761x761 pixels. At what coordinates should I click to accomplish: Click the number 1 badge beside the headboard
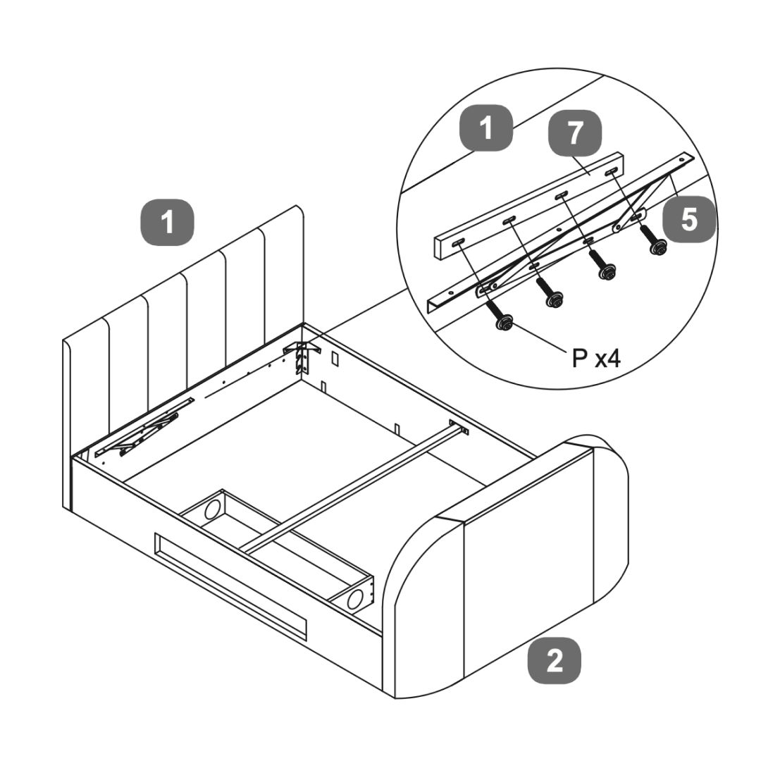168,223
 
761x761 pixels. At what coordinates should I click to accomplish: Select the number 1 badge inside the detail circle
485,129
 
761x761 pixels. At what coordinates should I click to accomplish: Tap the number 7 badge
575,133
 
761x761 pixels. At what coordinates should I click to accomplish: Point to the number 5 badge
689,219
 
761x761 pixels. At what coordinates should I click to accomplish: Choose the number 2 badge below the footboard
555,661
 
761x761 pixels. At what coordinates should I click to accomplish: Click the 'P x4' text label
597,359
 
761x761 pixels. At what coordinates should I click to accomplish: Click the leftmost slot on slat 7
458,244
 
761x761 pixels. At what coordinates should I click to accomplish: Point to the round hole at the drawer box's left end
212,509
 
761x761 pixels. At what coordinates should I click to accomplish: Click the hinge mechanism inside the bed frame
144,427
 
